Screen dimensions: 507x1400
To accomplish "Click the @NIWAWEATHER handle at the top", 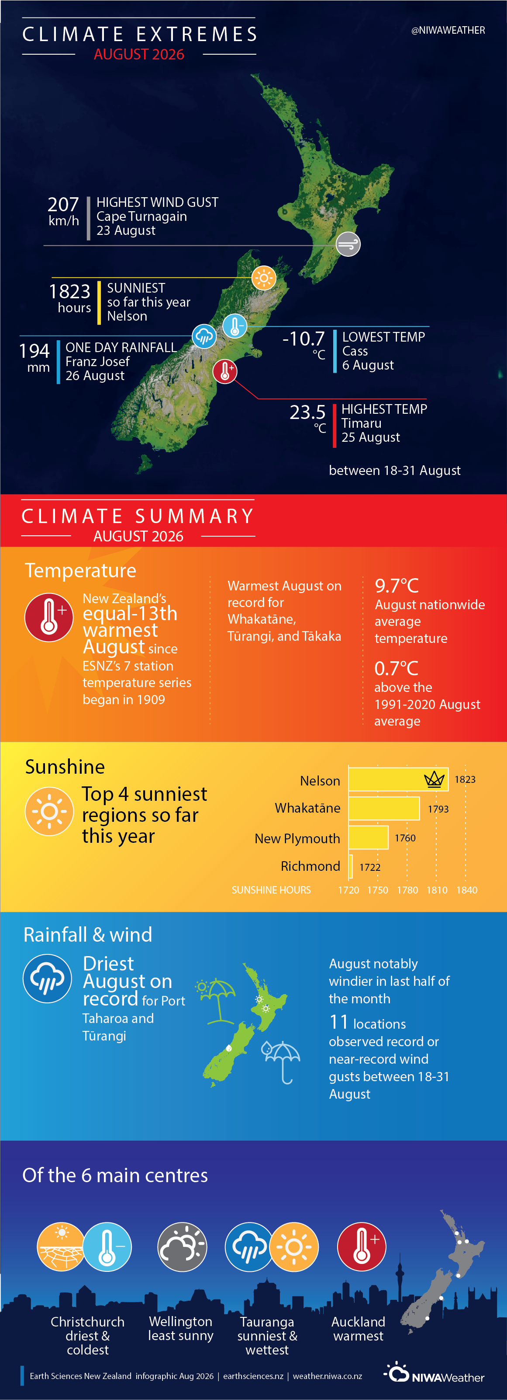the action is (448, 31).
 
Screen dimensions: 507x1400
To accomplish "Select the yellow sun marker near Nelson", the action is (264, 278).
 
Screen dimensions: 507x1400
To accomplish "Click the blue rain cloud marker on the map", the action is (204, 336).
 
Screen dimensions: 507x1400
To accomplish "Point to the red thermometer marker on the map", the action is (225, 372).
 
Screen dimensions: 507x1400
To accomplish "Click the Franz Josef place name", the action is (98, 361).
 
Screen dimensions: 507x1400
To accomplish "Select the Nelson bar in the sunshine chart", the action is (398, 779).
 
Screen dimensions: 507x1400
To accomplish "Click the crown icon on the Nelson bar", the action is (434, 779).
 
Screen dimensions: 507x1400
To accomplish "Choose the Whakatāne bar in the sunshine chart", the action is (384, 808).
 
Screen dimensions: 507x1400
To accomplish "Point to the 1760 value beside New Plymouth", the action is (405, 838).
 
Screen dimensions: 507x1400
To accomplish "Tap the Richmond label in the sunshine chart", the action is (310, 866).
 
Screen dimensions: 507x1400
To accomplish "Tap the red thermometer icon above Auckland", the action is (362, 1247).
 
